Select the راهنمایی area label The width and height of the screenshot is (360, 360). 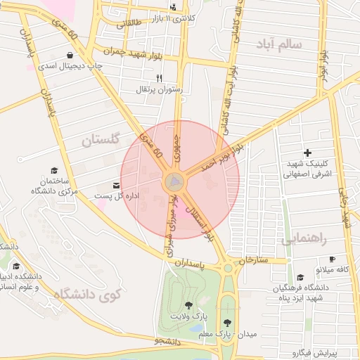click(x=304, y=238)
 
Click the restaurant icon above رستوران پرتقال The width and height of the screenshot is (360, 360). click(x=159, y=78)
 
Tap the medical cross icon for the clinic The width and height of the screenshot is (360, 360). click(x=307, y=153)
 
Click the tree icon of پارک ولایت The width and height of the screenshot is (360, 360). click(x=188, y=304)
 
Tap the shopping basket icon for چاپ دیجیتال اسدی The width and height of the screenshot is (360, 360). click(x=70, y=55)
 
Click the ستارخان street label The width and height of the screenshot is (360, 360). click(x=254, y=260)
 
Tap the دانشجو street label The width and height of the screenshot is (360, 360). click(x=168, y=342)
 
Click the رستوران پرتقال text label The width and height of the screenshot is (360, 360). click(x=162, y=89)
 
